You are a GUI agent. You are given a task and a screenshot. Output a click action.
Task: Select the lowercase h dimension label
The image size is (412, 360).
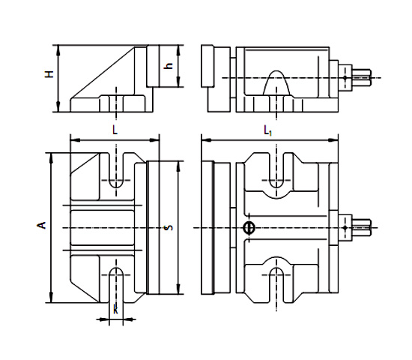coord(169,66)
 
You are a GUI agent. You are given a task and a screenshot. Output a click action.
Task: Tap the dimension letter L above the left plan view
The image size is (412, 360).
coord(114,130)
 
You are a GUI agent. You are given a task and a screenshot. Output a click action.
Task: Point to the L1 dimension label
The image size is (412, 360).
coord(267,130)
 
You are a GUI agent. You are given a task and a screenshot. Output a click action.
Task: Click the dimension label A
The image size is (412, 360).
coord(43,224)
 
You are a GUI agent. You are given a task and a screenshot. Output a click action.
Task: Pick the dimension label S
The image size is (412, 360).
coord(169,227)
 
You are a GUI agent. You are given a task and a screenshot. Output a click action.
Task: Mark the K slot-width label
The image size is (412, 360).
coord(115,308)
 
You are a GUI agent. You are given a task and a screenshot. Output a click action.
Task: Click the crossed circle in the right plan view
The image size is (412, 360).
coord(249,227)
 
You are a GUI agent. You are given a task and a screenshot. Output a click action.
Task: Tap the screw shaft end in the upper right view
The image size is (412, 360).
coord(364,76)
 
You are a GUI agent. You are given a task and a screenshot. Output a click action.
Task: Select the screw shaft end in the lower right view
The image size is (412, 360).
coord(364,226)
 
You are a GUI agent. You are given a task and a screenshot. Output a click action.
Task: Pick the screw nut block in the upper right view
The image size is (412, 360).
coord(345,76)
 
